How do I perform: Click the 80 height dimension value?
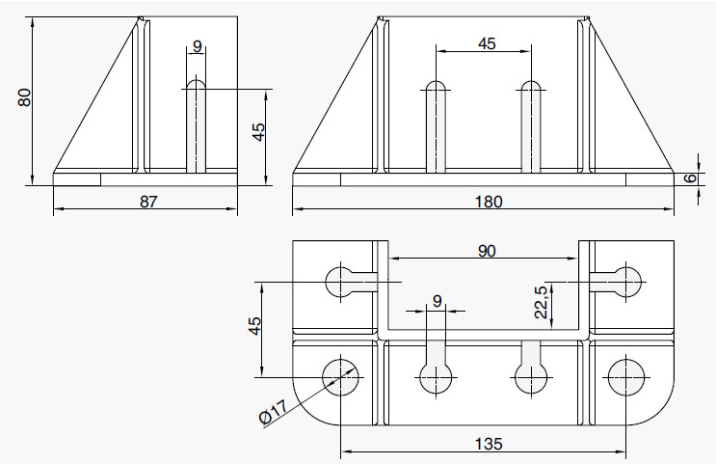[25, 97]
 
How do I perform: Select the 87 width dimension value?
[147, 201]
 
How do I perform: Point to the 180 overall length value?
[488, 201]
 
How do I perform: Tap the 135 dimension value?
[488, 444]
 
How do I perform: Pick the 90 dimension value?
[487, 252]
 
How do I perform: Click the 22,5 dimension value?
[542, 302]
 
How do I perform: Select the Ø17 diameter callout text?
[273, 416]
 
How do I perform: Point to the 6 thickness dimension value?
[690, 178]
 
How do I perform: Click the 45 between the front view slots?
[487, 43]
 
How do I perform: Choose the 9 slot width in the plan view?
[438, 301]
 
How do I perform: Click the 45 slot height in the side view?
[258, 132]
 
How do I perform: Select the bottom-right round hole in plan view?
[627, 376]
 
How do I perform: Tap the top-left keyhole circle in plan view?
[342, 282]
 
